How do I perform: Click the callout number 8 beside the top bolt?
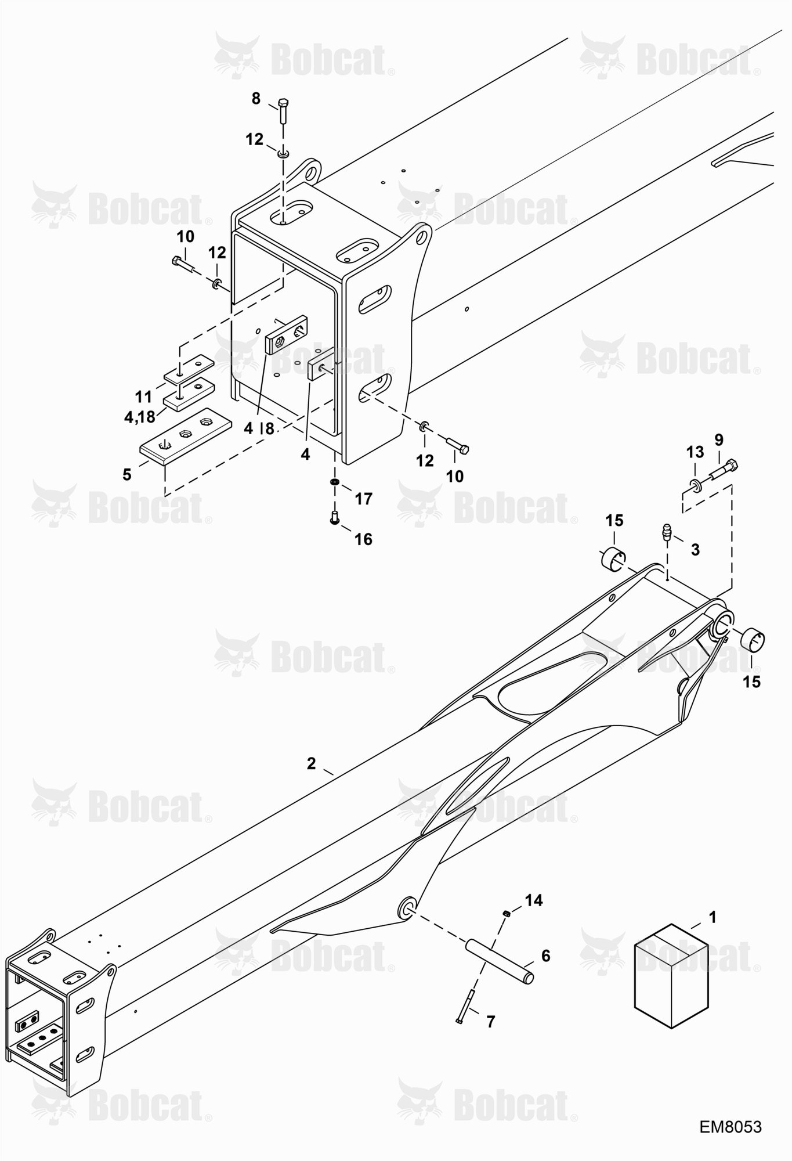(x=256, y=99)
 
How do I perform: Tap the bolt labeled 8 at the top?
(x=283, y=111)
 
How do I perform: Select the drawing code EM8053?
(x=730, y=1127)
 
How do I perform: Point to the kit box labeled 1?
(x=672, y=976)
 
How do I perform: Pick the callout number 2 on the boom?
(x=312, y=763)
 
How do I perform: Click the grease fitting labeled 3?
(x=666, y=533)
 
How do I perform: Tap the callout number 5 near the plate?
(x=127, y=474)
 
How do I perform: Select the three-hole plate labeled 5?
(x=186, y=434)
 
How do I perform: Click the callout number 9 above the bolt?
(x=719, y=439)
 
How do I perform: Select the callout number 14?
(x=534, y=900)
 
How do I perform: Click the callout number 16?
(x=363, y=539)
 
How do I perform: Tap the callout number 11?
(x=143, y=397)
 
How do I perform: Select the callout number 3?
(x=696, y=549)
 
